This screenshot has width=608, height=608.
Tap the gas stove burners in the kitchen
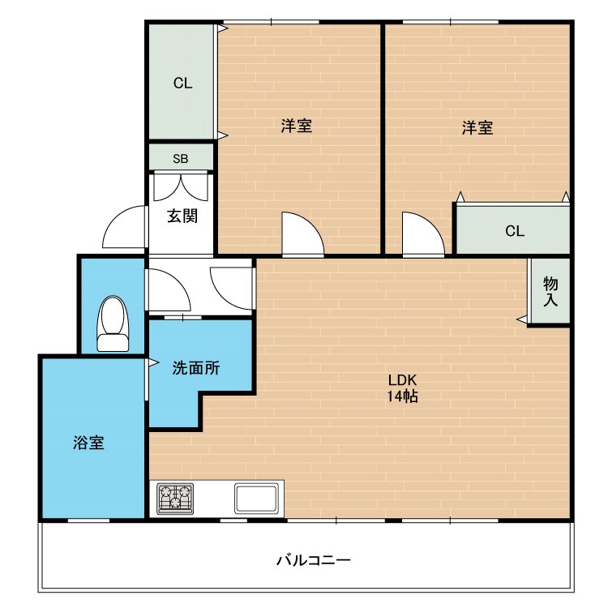[175, 498]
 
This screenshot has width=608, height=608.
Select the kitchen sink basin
[259, 497]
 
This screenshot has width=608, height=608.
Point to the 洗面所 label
[195, 367]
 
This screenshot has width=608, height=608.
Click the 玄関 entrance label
[182, 216]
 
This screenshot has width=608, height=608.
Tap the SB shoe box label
[180, 158]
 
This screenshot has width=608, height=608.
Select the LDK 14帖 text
[402, 388]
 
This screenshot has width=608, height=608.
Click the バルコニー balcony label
[313, 560]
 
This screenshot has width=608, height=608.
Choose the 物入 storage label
[550, 291]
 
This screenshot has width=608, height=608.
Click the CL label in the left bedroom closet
[182, 83]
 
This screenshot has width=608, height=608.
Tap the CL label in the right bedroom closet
[515, 230]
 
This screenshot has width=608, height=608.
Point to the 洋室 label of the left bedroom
[297, 126]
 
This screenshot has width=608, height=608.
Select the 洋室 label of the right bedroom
[477, 127]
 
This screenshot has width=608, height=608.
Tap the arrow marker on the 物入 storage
[522, 320]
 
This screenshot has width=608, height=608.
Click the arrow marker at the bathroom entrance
[152, 362]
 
